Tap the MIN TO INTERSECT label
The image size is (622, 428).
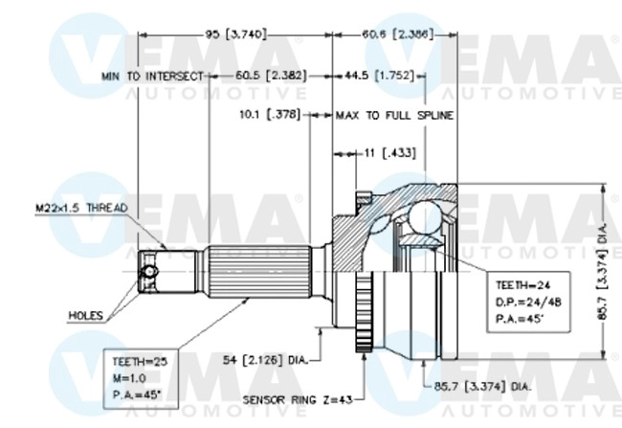point(153,75)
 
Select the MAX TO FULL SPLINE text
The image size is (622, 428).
point(394,114)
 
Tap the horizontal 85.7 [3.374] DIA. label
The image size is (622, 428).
point(476,387)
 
